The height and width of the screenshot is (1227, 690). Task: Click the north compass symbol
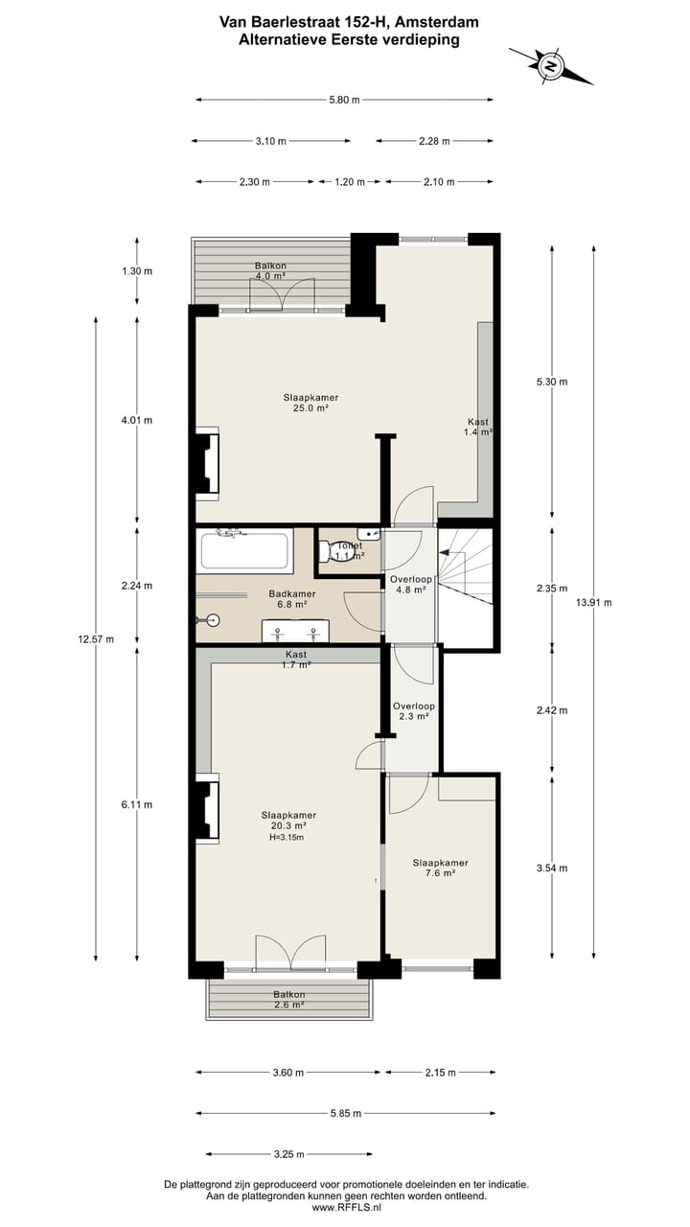pos(550,66)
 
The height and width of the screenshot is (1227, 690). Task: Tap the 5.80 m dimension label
pos(344,100)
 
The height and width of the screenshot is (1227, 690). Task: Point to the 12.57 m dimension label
pos(96,639)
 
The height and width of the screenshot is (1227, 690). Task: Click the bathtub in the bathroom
pos(244,552)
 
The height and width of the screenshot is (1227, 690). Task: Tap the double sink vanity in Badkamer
pos(295,632)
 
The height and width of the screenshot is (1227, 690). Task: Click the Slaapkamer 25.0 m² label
pos(310,403)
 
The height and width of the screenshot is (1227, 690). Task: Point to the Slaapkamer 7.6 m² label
pos(440,868)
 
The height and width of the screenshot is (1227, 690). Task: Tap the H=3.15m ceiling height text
pos(287,837)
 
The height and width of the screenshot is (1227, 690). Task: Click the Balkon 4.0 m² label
pos(270,270)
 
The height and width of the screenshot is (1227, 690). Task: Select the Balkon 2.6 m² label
pos(288,1000)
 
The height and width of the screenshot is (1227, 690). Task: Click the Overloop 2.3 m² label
pos(413,711)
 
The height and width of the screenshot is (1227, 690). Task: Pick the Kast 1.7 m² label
pos(296,659)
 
